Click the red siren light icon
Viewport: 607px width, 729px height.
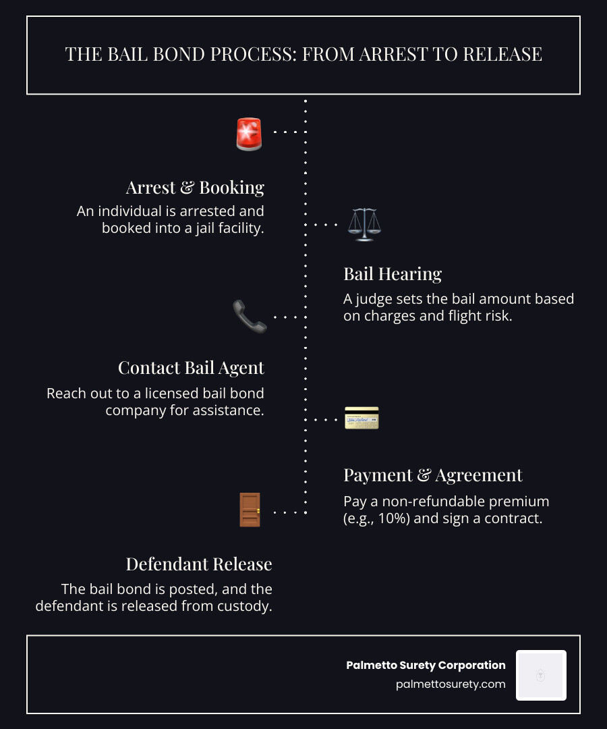coord(249,134)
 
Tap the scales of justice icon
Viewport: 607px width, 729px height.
coord(365,225)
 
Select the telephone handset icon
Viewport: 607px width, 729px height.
coord(250,317)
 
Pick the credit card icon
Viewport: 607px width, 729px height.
coord(362,418)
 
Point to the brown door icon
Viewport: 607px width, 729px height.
coord(250,510)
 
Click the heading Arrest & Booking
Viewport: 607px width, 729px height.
coord(195,188)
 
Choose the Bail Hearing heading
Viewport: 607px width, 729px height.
coord(393,274)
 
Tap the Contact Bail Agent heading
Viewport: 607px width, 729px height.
coord(191,368)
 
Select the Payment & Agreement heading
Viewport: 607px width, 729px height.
coord(433,475)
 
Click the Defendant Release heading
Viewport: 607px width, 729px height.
coord(199,564)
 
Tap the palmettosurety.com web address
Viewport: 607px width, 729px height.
coord(451,684)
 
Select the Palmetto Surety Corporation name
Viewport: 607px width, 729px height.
coord(426,666)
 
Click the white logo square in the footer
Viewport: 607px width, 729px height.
coord(541,675)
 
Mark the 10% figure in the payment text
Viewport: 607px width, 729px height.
coord(394,518)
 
